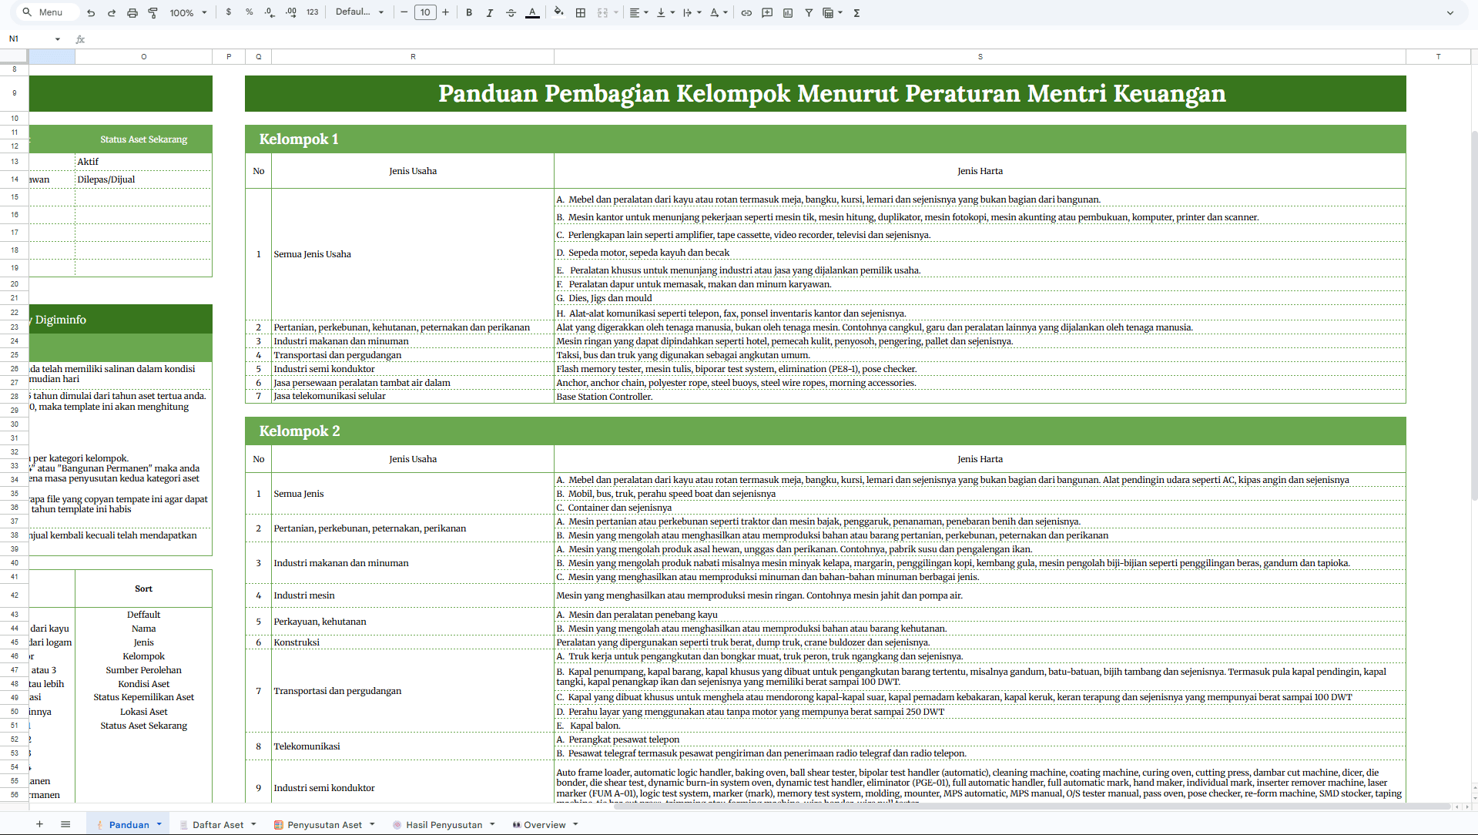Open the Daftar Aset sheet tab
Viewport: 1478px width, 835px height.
tap(218, 824)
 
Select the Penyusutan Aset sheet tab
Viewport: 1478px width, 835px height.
tap(324, 824)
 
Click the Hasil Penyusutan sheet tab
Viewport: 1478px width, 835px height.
tap(444, 824)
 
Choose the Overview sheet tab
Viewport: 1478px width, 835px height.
tap(545, 824)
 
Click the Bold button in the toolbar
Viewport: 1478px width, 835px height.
tap(469, 12)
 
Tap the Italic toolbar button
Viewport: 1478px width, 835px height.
tap(490, 12)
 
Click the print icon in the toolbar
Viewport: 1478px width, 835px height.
tap(132, 12)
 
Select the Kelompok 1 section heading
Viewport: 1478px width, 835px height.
tap(299, 139)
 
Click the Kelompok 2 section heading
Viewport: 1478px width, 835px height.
tap(300, 431)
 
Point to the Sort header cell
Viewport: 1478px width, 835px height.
tap(143, 589)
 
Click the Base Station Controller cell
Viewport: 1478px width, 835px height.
tap(605, 397)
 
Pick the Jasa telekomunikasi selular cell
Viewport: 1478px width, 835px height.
tap(330, 396)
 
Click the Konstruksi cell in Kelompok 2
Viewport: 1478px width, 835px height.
tap(297, 642)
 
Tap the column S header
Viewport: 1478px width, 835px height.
tap(980, 56)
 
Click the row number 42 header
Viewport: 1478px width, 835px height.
tap(14, 595)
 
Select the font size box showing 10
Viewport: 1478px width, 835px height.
tap(425, 12)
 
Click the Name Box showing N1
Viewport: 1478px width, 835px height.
tap(31, 39)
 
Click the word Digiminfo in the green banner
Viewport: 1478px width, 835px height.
tap(61, 320)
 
